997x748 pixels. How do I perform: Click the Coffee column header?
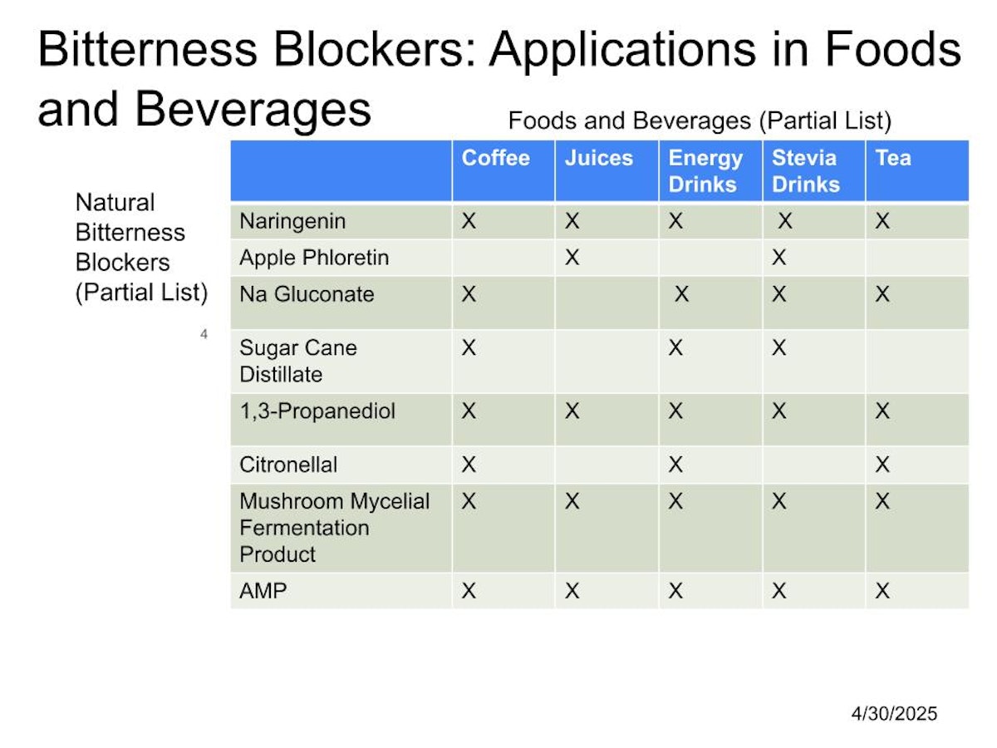coord(495,158)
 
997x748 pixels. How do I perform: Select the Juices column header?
coord(599,158)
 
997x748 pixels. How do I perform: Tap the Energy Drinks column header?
coord(705,172)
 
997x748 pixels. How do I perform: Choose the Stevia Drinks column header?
coord(806,171)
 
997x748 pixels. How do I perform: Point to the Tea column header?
coord(893,158)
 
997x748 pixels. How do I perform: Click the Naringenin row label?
coord(292,222)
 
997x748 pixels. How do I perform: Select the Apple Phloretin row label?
coord(314,258)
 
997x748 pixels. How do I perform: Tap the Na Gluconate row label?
coord(307,294)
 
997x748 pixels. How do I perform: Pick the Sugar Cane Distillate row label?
coord(298,361)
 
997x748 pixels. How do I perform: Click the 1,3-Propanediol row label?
coord(317,411)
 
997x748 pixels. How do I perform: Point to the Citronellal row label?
coord(288,465)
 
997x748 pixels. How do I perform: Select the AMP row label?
coord(263,591)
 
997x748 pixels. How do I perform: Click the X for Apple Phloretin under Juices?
coord(572,258)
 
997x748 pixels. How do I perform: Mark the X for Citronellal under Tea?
coord(882,465)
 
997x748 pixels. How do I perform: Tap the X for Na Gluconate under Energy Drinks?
coord(681,294)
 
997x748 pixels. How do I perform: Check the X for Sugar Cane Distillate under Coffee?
coord(469,348)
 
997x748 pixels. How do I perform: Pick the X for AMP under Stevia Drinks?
coord(779,591)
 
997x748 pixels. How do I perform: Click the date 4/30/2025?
coord(894,714)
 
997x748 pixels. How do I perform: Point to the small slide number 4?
coord(204,334)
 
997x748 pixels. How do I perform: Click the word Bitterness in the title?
coord(148,49)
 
